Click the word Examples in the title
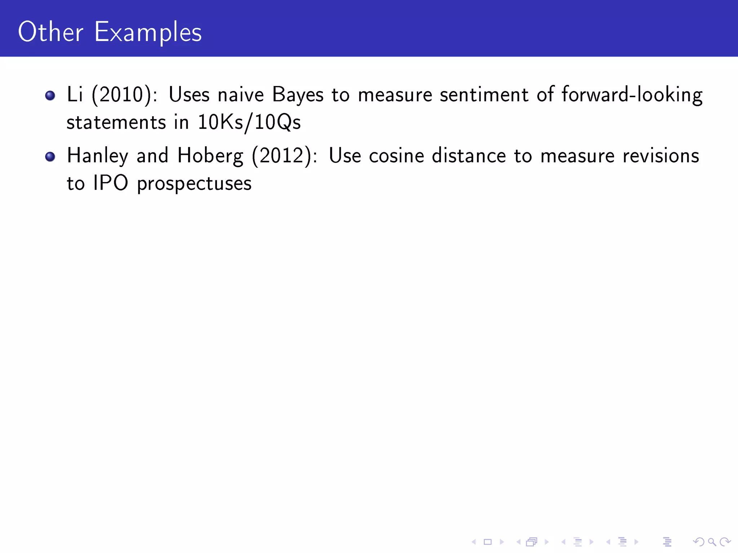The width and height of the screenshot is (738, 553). tap(148, 32)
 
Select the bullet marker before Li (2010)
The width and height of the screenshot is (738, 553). tap(50, 95)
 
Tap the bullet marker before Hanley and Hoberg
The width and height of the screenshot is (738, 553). tap(50, 157)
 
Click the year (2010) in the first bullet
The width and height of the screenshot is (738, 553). tap(122, 95)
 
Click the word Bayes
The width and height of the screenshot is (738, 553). tap(298, 95)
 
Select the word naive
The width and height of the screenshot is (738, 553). tap(241, 95)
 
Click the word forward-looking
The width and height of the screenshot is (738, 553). tap(632, 95)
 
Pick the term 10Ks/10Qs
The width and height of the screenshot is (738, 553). tap(249, 122)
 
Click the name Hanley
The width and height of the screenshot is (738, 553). tap(97, 156)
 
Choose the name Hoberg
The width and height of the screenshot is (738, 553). tap(210, 156)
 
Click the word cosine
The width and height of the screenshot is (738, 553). tap(396, 156)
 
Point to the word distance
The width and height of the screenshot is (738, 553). tap(469, 156)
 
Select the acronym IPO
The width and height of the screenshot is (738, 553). tap(110, 183)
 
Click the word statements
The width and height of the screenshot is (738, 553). tap(116, 122)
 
